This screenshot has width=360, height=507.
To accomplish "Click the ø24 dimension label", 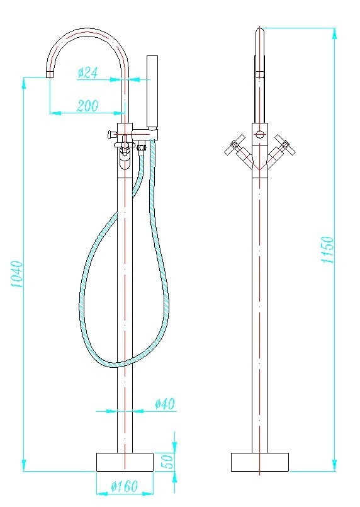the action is click(87, 73).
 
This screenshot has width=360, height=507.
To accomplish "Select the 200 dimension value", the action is click(87, 106).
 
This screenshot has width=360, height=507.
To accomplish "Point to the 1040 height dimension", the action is click(17, 274).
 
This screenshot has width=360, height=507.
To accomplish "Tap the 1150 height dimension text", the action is click(328, 249).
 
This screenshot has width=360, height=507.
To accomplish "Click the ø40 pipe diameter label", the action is click(165, 404).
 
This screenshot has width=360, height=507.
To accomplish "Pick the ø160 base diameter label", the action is click(125, 486).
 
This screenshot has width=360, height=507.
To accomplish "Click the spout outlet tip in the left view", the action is click(50, 74).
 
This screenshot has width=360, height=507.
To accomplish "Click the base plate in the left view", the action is click(125, 462).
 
